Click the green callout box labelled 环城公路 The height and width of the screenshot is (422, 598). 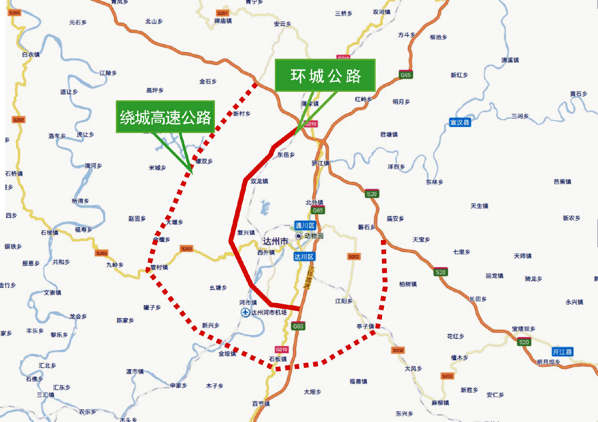[x=325, y=75]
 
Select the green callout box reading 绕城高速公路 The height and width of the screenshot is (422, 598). [x=165, y=117]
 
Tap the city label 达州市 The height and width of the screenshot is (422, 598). [x=275, y=241]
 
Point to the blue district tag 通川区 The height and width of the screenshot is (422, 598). [x=305, y=225]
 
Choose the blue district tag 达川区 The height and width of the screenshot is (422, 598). [x=304, y=257]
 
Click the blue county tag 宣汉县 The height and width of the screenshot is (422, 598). [x=459, y=122]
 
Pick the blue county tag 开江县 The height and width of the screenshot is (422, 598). [x=562, y=352]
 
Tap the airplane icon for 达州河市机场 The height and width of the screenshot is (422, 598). [x=245, y=313]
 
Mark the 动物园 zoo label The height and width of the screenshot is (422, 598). [x=313, y=236]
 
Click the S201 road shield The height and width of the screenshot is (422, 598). [x=222, y=13]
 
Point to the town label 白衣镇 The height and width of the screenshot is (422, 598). [x=31, y=55]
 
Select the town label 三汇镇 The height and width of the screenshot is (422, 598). [x=45, y=395]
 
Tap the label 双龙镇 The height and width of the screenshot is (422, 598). [x=259, y=181]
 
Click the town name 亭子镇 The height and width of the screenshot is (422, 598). [x=365, y=326]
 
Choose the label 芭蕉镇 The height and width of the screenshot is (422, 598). [x=562, y=181]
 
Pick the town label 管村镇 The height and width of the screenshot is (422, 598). [x=159, y=267]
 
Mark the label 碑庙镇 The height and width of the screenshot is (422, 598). [x=223, y=21]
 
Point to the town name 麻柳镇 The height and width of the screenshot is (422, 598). [x=440, y=403]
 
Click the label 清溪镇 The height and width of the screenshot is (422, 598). [x=510, y=60]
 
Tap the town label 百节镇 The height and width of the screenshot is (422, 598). [x=261, y=404]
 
